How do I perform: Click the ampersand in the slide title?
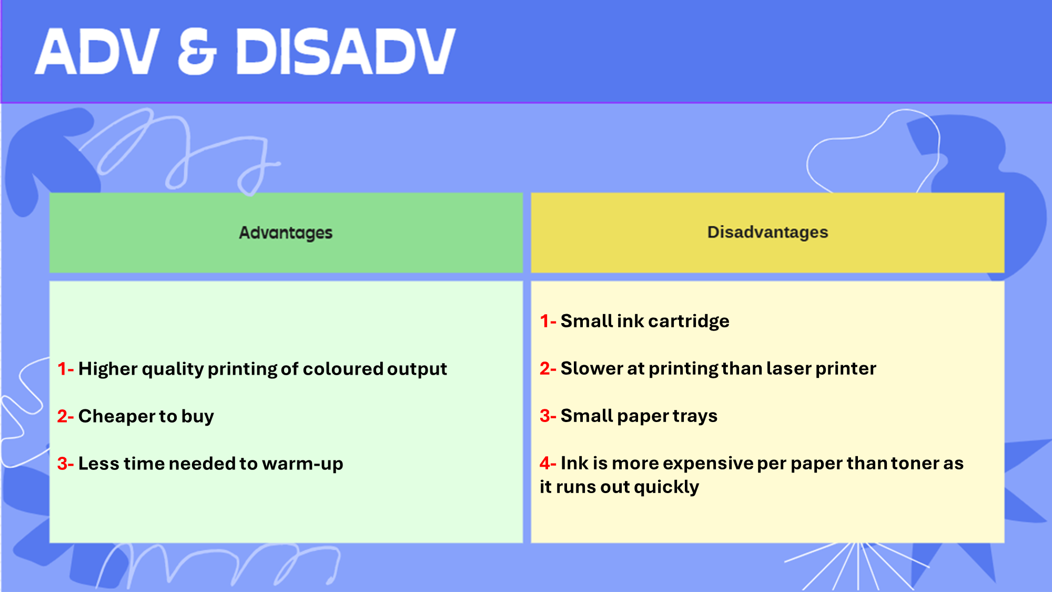point(197,52)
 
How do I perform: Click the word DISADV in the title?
point(346,51)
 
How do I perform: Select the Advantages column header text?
point(286,233)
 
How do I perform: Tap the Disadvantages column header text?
point(767,232)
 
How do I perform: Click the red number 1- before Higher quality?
point(65,369)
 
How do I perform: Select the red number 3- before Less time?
point(65,464)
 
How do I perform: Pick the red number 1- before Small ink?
point(548,321)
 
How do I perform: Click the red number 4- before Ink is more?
point(548,463)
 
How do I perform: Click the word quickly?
point(666,487)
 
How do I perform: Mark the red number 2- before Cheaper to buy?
point(65,416)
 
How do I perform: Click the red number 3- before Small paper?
point(548,416)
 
